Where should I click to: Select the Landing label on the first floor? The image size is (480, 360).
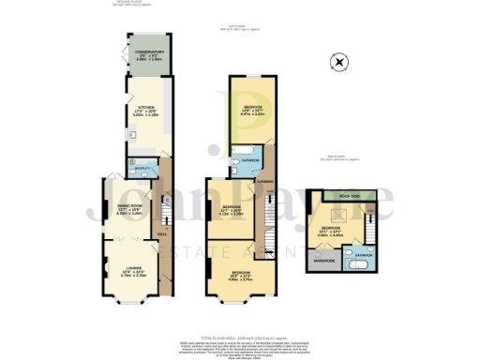pyautogui.click(x=265, y=181)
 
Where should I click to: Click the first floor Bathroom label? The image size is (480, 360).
pyautogui.click(x=247, y=160)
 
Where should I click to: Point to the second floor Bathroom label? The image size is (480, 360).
pyautogui.click(x=364, y=254)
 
